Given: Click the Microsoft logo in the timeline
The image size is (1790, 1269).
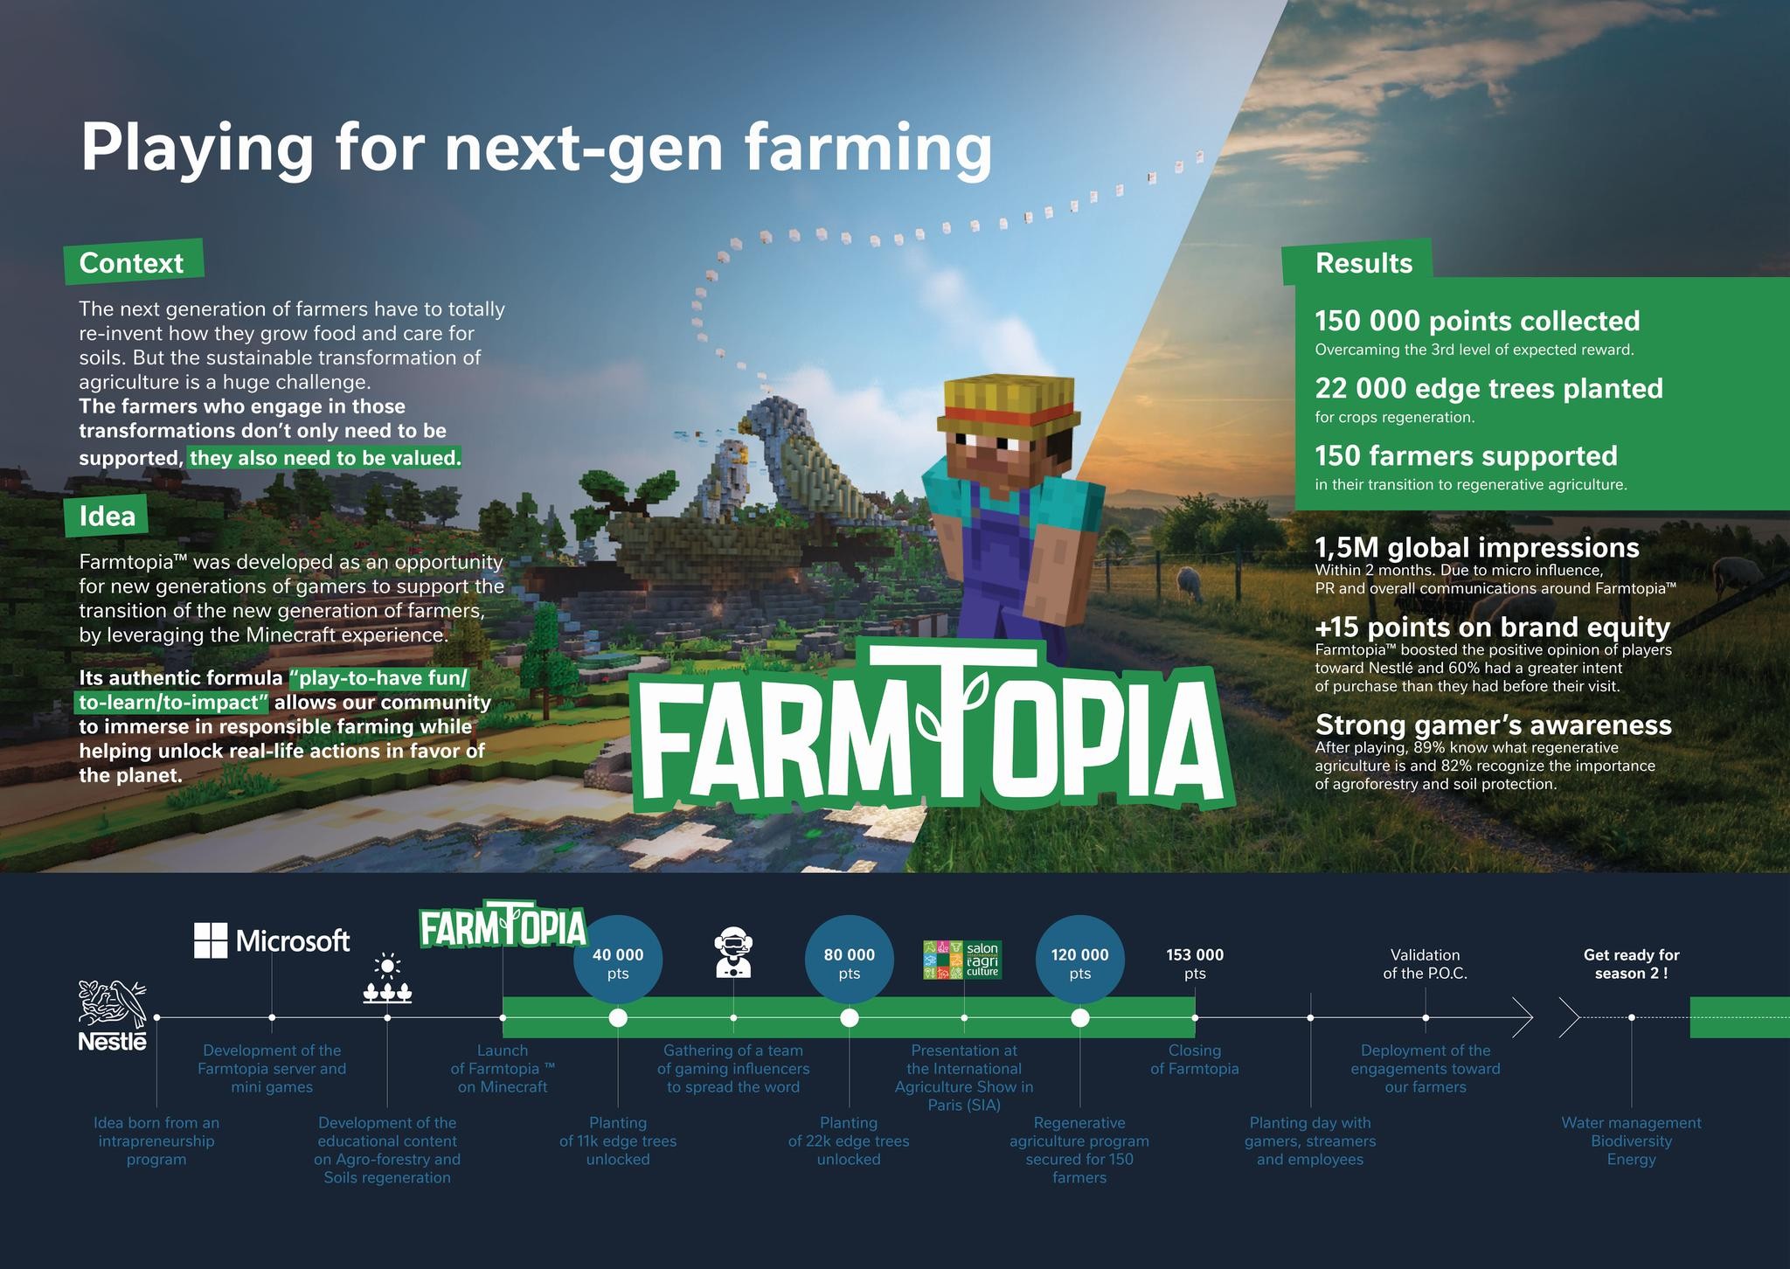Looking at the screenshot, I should [271, 940].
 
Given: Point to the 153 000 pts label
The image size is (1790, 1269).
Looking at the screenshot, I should [1195, 963].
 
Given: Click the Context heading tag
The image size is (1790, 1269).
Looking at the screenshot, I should [132, 262].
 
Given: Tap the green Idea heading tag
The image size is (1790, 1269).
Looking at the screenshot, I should [107, 517].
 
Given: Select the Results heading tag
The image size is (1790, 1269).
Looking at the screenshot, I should [1363, 263].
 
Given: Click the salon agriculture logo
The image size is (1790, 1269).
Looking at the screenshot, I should [962, 960].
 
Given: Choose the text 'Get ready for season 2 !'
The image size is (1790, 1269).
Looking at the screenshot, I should [1631, 963].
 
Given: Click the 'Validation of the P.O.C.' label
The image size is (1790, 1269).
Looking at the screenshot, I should [1425, 963].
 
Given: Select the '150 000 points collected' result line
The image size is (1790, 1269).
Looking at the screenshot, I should [1477, 322].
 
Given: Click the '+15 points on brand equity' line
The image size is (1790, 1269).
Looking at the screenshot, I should [1492, 628].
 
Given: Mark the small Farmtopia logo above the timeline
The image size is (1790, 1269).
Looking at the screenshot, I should [502, 928].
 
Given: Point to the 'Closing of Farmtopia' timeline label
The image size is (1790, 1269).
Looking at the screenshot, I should [1194, 1059].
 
